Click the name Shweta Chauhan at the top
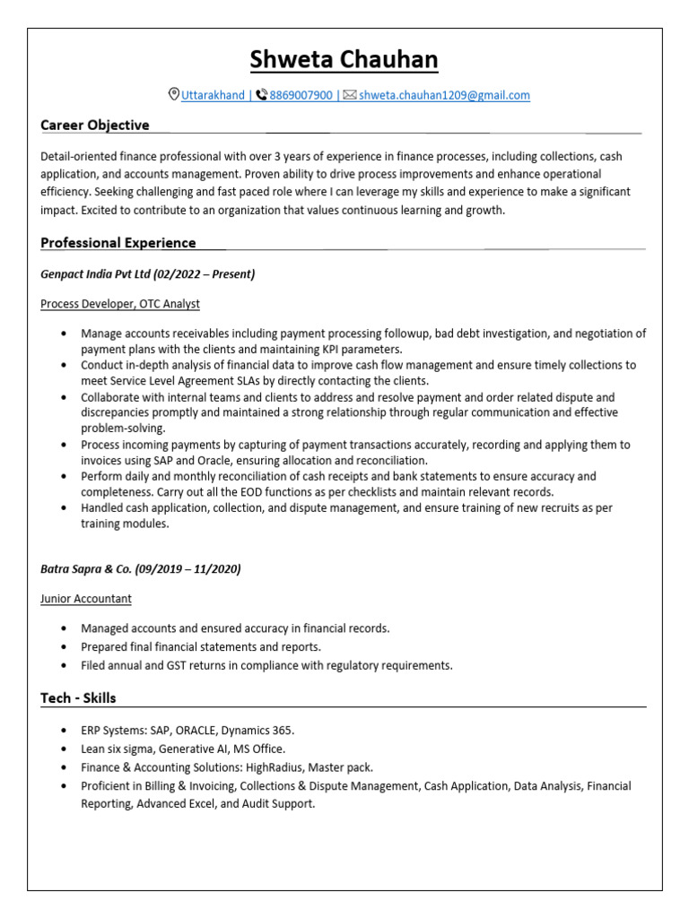click(344, 60)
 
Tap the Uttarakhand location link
click(214, 95)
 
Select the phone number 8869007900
click(301, 95)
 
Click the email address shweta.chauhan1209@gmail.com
click(444, 95)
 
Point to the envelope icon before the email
click(350, 95)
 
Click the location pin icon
click(174, 95)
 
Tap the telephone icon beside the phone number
click(261, 95)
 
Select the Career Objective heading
click(95, 126)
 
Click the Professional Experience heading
click(118, 243)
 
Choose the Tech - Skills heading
click(78, 698)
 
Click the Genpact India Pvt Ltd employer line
click(148, 274)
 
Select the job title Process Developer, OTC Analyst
click(120, 305)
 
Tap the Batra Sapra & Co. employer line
click(141, 569)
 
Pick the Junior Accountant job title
click(86, 599)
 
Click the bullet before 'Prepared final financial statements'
click(63, 647)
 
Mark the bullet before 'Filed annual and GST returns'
click(63, 666)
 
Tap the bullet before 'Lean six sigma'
click(63, 749)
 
